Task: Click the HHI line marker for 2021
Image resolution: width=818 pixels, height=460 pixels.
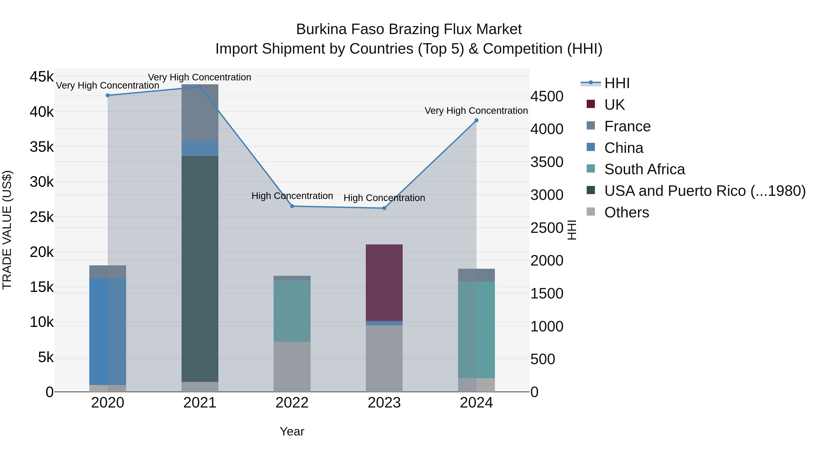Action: [200, 87]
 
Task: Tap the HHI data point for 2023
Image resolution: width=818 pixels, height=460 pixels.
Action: [384, 208]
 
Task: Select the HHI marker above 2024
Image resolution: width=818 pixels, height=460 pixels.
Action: [476, 121]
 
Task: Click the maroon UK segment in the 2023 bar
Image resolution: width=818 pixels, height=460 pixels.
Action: [384, 283]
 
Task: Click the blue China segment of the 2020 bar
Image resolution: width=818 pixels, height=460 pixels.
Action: [108, 331]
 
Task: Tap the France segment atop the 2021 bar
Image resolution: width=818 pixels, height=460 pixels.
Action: [200, 113]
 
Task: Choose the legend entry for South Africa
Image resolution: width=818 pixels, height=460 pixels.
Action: [644, 169]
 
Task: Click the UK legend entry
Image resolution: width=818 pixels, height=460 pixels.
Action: [614, 105]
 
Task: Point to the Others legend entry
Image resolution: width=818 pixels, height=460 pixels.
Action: [626, 212]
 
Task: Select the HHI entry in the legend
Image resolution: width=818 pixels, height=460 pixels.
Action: [617, 83]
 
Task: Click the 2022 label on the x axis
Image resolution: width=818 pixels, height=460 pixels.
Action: [292, 403]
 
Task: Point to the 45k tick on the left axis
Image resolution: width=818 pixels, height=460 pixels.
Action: [42, 77]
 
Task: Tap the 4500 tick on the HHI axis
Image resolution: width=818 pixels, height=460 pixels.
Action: [547, 97]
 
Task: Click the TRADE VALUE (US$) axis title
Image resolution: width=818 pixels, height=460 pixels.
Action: [7, 230]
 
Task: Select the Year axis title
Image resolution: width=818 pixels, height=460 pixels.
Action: [292, 431]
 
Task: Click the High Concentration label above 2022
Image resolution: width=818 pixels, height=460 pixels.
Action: [292, 196]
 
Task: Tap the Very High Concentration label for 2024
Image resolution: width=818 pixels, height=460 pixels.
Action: [476, 111]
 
